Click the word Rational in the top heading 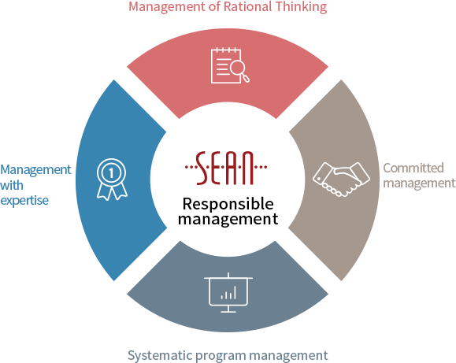pyautogui.click(x=248, y=6)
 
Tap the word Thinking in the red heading pyautogui.click(x=302, y=7)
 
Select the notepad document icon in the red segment pyautogui.click(x=226, y=65)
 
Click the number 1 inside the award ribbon pyautogui.click(x=111, y=173)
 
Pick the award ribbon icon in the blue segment pyautogui.click(x=112, y=180)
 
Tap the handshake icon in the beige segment pyautogui.click(x=341, y=180)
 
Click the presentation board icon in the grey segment pyautogui.click(x=228, y=293)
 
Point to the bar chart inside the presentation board pyautogui.click(x=228, y=293)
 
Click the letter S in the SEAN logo pyautogui.click(x=202, y=168)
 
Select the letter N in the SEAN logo pyautogui.click(x=248, y=168)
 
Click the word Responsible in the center pyautogui.click(x=228, y=204)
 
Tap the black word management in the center pyautogui.click(x=228, y=220)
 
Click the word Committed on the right pyautogui.click(x=413, y=168)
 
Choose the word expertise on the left pyautogui.click(x=24, y=201)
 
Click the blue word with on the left pyautogui.click(x=12, y=185)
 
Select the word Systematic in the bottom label pyautogui.click(x=160, y=356)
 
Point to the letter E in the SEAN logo pyautogui.click(x=217, y=168)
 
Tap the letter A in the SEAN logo pyautogui.click(x=232, y=168)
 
